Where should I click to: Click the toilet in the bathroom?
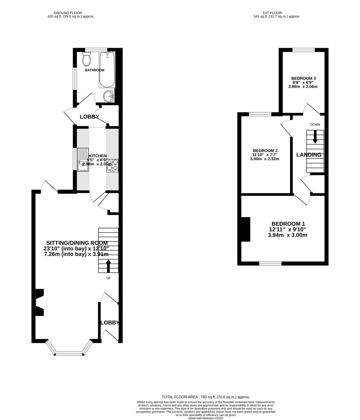click(86, 59)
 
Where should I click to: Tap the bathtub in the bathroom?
click(107, 70)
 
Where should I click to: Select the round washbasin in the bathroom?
click(109, 96)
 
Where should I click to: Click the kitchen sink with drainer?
click(83, 160)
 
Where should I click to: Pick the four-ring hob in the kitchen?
click(112, 165)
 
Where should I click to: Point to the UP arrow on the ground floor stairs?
click(108, 266)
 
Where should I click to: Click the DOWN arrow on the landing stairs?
click(315, 136)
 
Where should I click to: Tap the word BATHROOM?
click(95, 70)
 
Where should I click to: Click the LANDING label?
click(309, 155)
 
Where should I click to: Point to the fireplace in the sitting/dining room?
click(41, 302)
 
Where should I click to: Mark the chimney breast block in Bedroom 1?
click(245, 229)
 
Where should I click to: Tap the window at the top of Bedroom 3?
click(303, 50)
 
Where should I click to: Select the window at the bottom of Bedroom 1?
click(270, 263)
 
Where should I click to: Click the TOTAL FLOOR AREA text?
click(206, 397)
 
